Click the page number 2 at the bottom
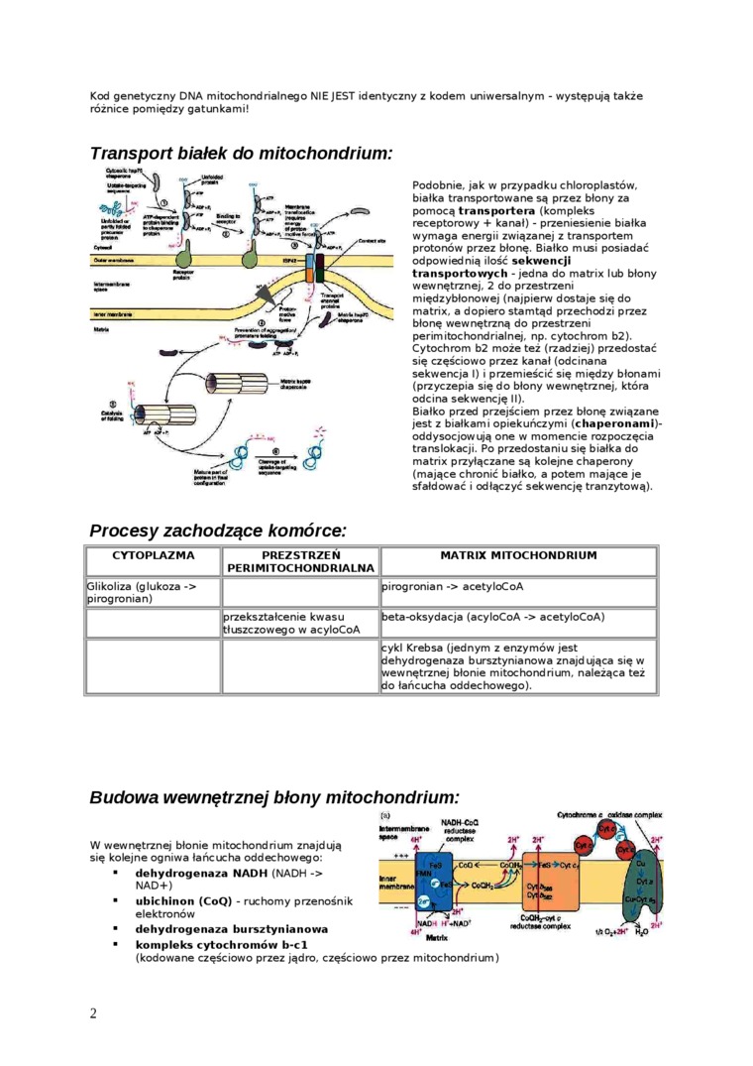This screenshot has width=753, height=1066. pyautogui.click(x=93, y=1012)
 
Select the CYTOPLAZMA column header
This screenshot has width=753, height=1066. pyautogui.click(x=153, y=555)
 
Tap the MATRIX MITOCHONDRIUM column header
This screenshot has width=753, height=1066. pyautogui.click(x=518, y=555)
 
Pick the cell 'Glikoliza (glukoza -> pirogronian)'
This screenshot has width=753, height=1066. pyautogui.click(x=153, y=592)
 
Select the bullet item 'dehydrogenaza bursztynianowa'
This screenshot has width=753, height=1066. pyautogui.click(x=231, y=929)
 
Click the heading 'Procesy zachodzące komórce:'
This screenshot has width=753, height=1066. pyautogui.click(x=218, y=532)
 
